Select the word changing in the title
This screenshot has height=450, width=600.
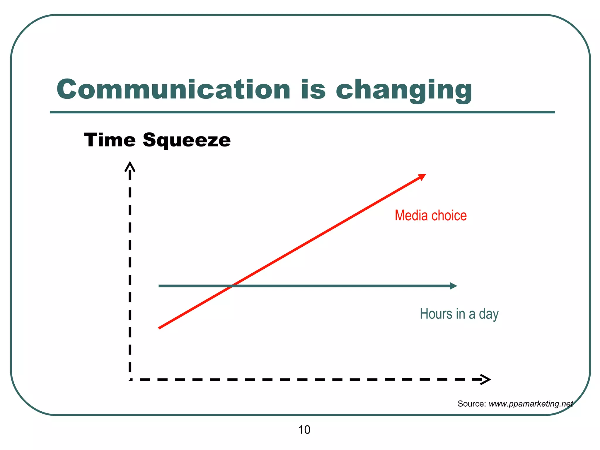(404, 90)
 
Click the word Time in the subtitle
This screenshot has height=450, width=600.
(110, 140)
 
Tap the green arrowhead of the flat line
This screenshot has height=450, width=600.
(454, 286)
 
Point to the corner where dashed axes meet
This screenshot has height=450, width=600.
(130, 380)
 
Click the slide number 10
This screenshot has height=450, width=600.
(304, 430)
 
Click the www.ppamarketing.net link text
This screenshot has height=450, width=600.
(531, 404)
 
